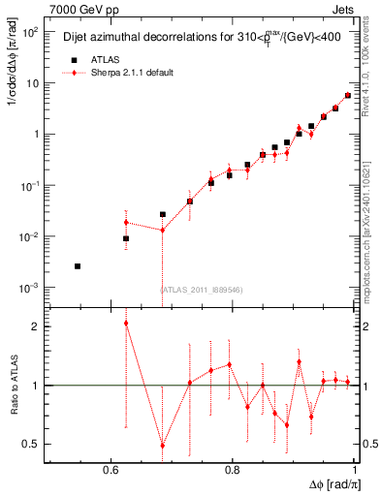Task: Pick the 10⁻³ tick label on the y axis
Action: point(31,289)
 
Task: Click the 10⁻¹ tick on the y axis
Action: point(31,186)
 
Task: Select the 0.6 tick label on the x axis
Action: point(111,470)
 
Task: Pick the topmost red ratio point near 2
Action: point(125,323)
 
